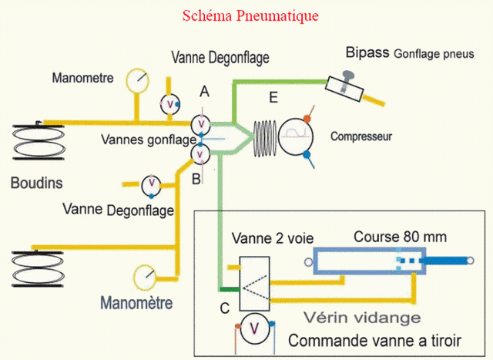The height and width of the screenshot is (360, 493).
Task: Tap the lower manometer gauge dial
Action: [144, 275]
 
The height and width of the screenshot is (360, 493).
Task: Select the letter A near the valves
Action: [204, 92]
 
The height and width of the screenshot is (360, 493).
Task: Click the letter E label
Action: [271, 97]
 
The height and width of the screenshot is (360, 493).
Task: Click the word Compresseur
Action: [361, 136]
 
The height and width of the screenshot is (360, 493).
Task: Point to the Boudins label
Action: [36, 183]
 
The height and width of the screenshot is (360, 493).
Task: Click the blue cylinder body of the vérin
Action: [370, 262]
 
